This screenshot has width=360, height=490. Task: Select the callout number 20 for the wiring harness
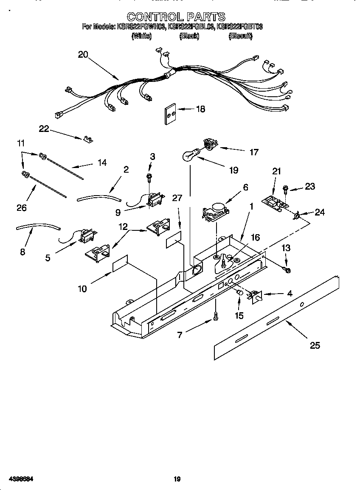click(83, 54)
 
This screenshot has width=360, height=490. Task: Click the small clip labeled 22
click(89, 139)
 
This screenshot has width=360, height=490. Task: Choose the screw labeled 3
click(149, 176)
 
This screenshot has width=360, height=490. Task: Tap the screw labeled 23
click(286, 188)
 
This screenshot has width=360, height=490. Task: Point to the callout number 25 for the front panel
click(315, 345)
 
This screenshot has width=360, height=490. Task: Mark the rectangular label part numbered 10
click(120, 264)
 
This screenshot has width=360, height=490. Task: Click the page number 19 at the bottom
click(177, 479)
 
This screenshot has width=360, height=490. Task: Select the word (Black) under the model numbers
click(189, 36)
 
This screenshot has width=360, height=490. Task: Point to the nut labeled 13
click(287, 269)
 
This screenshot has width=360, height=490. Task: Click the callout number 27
click(177, 198)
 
